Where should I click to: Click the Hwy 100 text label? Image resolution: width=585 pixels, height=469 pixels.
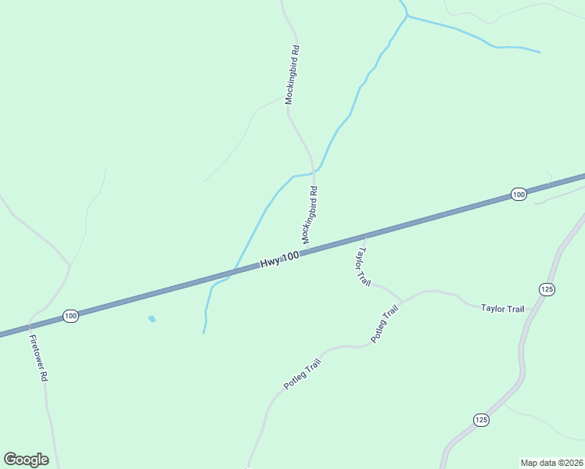[279, 261]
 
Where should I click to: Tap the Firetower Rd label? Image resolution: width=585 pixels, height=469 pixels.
[39, 358]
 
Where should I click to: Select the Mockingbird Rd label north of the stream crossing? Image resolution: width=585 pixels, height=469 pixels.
[292, 75]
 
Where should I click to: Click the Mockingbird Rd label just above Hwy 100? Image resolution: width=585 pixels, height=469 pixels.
[310, 214]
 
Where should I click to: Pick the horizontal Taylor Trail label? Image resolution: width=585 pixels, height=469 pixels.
[502, 309]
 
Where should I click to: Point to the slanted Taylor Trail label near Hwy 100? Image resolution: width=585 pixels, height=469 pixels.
[363, 267]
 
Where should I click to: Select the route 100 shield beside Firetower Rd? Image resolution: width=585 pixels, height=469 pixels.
[70, 316]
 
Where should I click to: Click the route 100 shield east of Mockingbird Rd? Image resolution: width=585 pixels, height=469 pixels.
[518, 194]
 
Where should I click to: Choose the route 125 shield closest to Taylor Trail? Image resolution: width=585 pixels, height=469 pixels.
[547, 289]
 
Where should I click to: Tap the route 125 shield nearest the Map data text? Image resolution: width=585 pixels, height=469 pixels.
[481, 420]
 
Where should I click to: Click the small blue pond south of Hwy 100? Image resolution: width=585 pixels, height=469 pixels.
[152, 319]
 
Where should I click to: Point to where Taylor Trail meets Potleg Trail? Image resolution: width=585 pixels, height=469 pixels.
[402, 301]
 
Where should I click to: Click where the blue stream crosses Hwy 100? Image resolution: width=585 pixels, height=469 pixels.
[229, 273]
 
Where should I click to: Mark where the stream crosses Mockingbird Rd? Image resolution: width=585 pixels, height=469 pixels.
[314, 171]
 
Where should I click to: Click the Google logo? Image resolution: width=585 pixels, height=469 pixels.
[26, 459]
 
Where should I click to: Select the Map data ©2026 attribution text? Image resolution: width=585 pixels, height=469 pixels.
[551, 463]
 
